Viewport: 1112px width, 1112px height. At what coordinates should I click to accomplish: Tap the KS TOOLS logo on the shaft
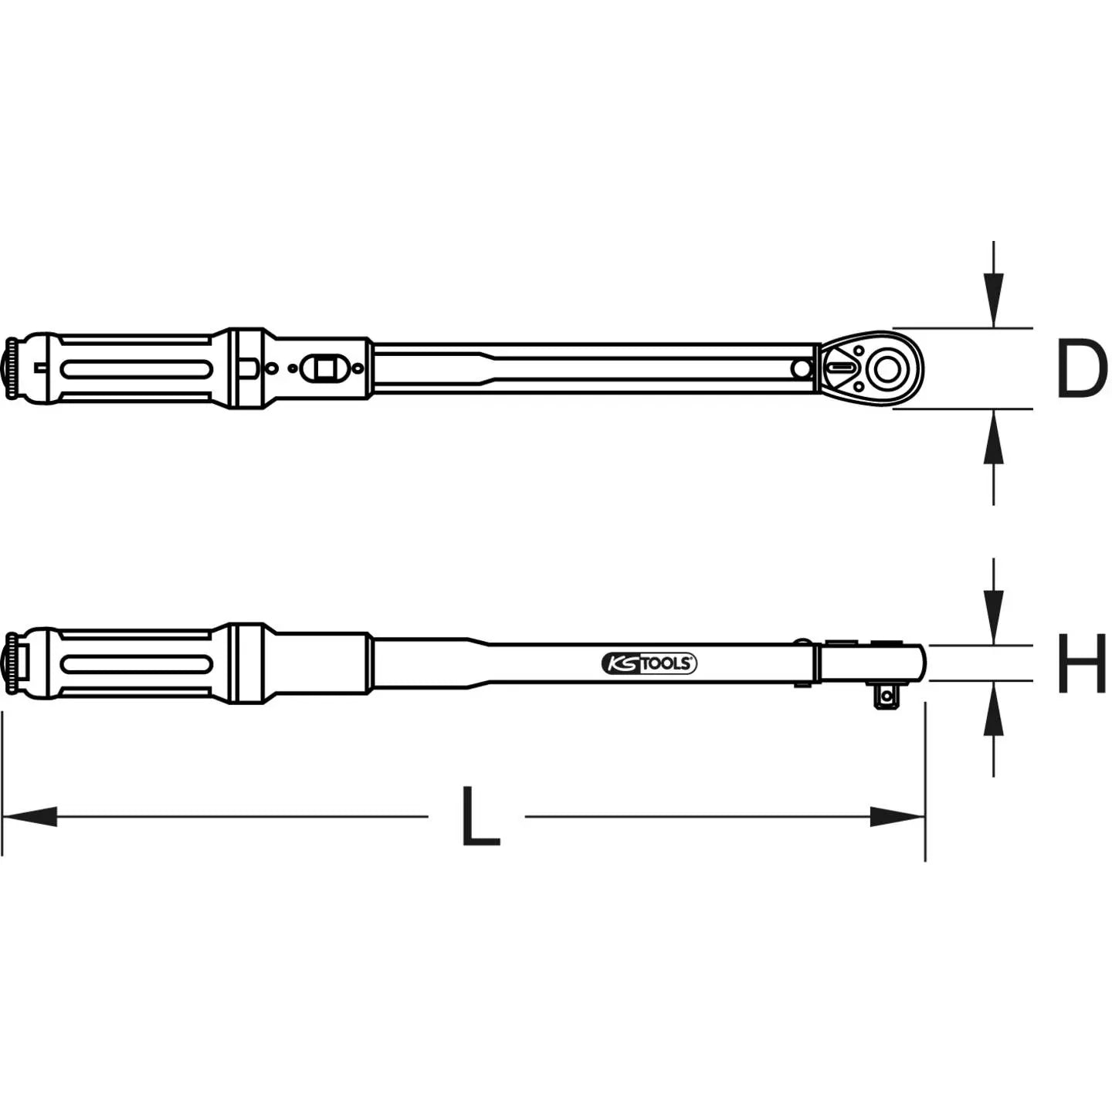coord(649,663)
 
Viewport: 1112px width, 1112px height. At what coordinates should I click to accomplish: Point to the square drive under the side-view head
coord(885,697)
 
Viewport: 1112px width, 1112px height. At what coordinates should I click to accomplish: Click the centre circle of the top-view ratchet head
coord(885,369)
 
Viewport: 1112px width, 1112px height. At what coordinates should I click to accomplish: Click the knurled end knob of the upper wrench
coord(12,369)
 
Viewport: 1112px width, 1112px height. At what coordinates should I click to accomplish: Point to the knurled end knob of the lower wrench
coord(12,663)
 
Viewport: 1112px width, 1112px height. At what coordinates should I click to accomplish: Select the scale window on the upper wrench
coord(324,368)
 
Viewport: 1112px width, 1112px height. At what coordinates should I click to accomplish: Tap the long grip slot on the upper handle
coord(136,369)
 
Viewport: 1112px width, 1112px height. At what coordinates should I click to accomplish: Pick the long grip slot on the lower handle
coord(136,663)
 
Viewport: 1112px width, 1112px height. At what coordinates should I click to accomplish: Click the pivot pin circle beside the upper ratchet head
coord(802,369)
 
